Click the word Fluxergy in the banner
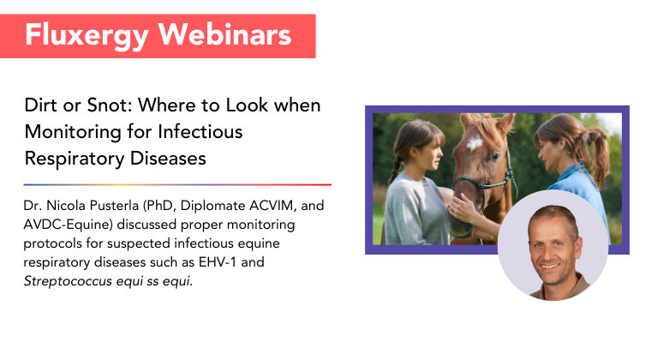pos(87,36)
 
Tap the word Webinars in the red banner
pos(224,34)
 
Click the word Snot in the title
pos(109,105)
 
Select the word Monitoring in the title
pos(72,133)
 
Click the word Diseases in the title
pos(168,159)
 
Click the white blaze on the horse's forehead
pos(475,144)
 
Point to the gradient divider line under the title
pos(177,185)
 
